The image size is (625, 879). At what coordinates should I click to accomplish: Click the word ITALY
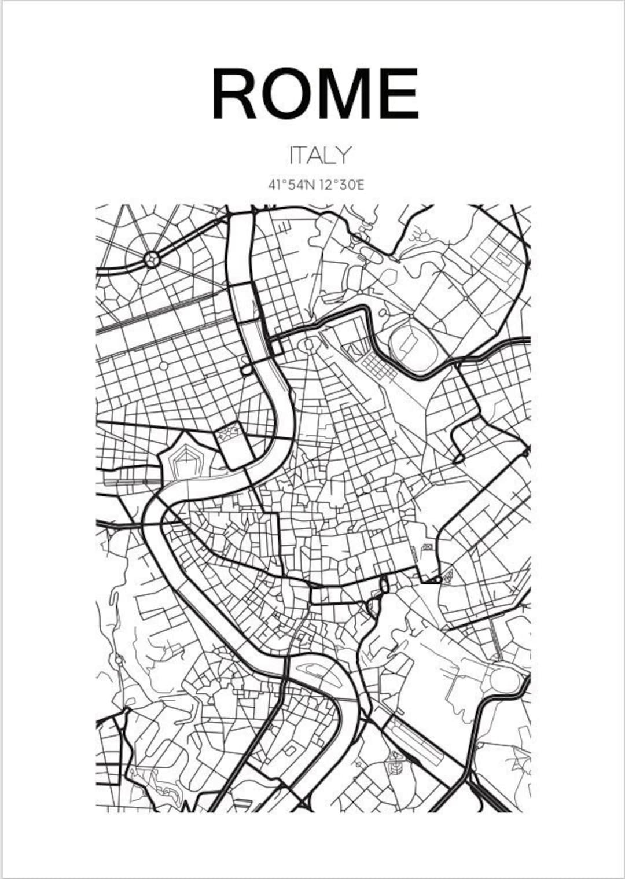pos(319,155)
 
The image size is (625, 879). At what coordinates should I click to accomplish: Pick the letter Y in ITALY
pos(343,155)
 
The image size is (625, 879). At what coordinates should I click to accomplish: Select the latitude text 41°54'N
pos(291,185)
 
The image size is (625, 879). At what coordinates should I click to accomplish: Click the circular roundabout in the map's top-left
pos(152,259)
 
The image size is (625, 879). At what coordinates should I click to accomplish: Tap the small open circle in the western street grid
pos(164,366)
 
